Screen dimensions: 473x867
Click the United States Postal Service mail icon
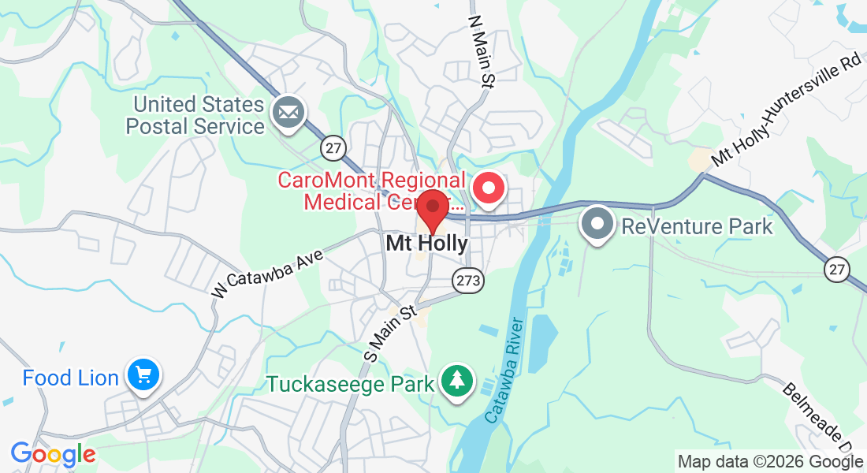tap(288, 114)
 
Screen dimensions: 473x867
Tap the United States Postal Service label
tap(198, 115)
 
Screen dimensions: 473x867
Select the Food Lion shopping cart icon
tap(144, 375)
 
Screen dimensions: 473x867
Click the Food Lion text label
tap(70, 378)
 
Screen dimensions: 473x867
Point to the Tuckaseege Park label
tap(351, 385)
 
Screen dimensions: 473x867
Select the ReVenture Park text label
tap(697, 227)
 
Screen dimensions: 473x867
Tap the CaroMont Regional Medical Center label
tap(370, 191)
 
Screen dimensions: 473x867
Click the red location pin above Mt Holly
tap(432, 210)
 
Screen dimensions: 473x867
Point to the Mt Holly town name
tap(426, 244)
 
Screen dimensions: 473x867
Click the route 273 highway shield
tap(467, 278)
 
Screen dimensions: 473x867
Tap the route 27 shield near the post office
tap(333, 147)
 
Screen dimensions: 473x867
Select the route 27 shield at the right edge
tap(837, 270)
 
